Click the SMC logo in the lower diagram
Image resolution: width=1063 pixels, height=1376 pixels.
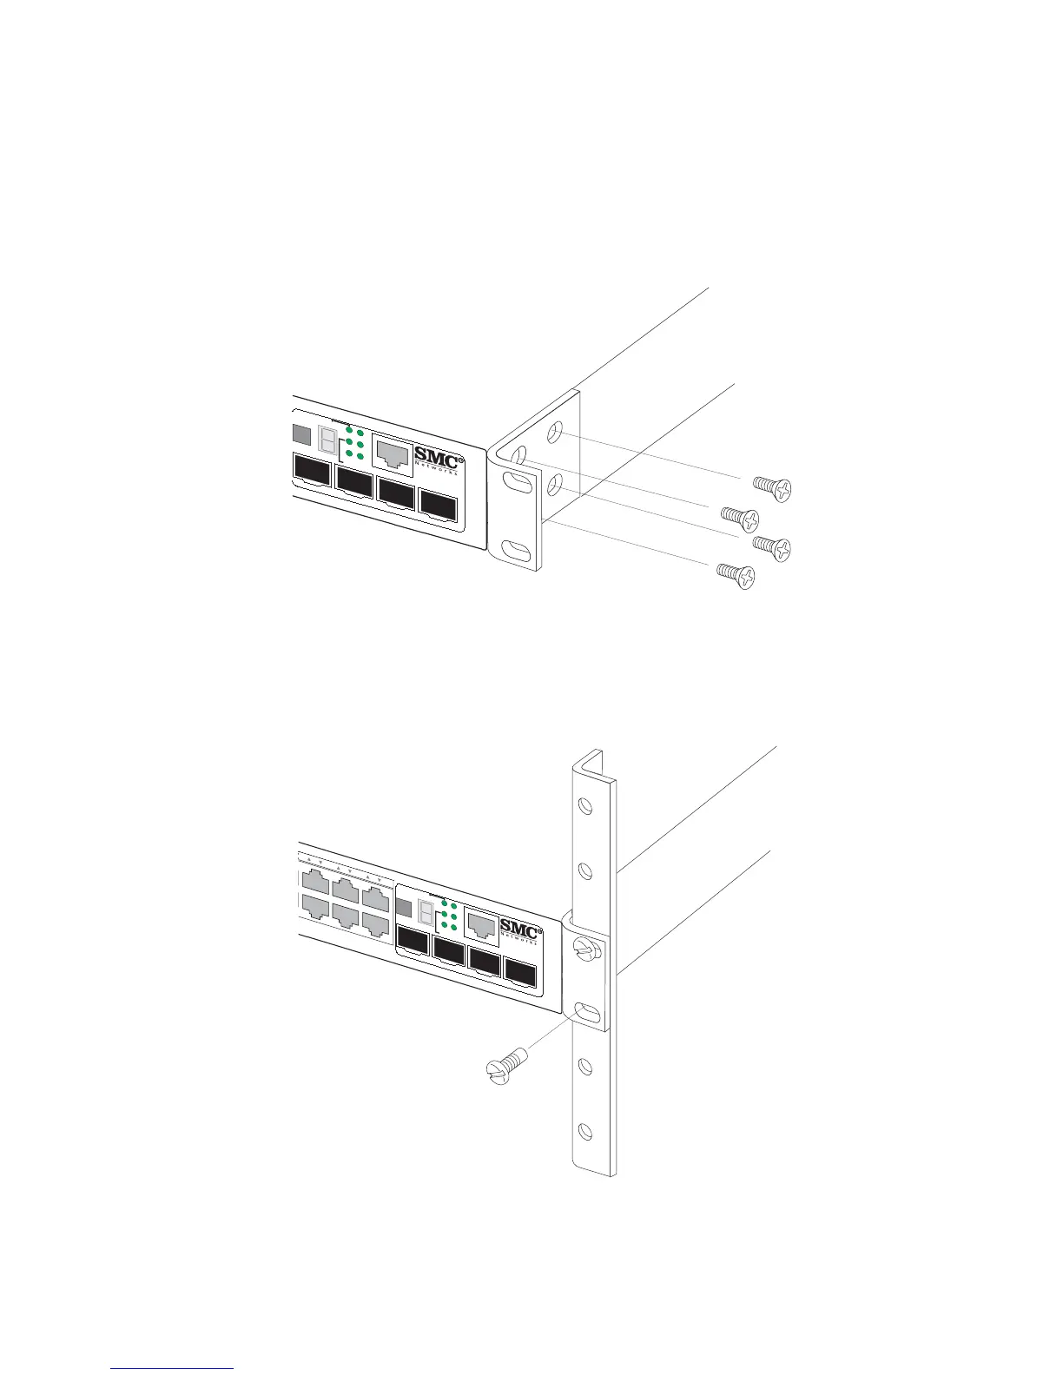[x=520, y=930]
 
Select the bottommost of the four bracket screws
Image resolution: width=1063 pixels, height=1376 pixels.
[x=735, y=574]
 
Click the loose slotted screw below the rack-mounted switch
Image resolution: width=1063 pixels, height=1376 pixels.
[x=506, y=1066]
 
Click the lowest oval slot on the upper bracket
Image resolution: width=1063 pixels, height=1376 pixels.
[x=515, y=550]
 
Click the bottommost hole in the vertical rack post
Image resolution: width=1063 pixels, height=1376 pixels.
[x=584, y=1130]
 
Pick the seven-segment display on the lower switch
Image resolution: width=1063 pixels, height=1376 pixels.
[x=426, y=912]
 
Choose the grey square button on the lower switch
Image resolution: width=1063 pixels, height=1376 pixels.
[x=403, y=909]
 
